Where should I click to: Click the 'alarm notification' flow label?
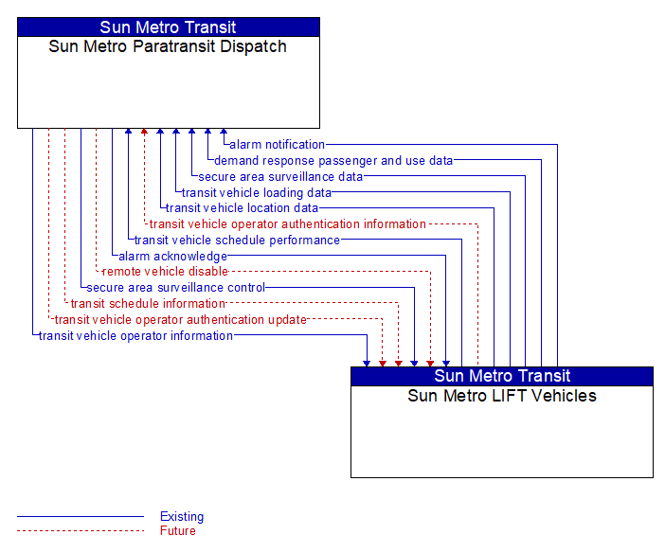coord(277,145)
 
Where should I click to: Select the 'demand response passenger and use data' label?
coord(333,161)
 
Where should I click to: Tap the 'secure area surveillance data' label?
coord(280,177)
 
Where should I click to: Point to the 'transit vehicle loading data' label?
coord(257,193)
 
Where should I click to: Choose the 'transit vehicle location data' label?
coord(242,208)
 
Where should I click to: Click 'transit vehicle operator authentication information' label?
coord(288,224)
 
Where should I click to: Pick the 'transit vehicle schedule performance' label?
coord(237,241)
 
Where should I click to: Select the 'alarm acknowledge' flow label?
coord(172,257)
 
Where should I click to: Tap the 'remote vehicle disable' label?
coord(165,272)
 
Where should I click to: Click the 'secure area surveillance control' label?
coord(175,288)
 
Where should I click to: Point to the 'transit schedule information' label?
coord(148,304)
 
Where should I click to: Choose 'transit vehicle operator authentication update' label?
coord(180,320)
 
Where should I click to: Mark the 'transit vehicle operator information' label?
coord(135,336)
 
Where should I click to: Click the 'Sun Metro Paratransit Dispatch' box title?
coord(168,46)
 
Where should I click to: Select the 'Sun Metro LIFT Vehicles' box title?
coord(502,396)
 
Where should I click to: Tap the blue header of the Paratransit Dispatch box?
coord(169,27)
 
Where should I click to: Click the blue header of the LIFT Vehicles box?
coord(502,376)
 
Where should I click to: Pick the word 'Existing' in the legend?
coord(182,516)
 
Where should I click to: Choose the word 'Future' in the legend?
coord(178,531)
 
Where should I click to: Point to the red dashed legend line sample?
coord(81,530)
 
